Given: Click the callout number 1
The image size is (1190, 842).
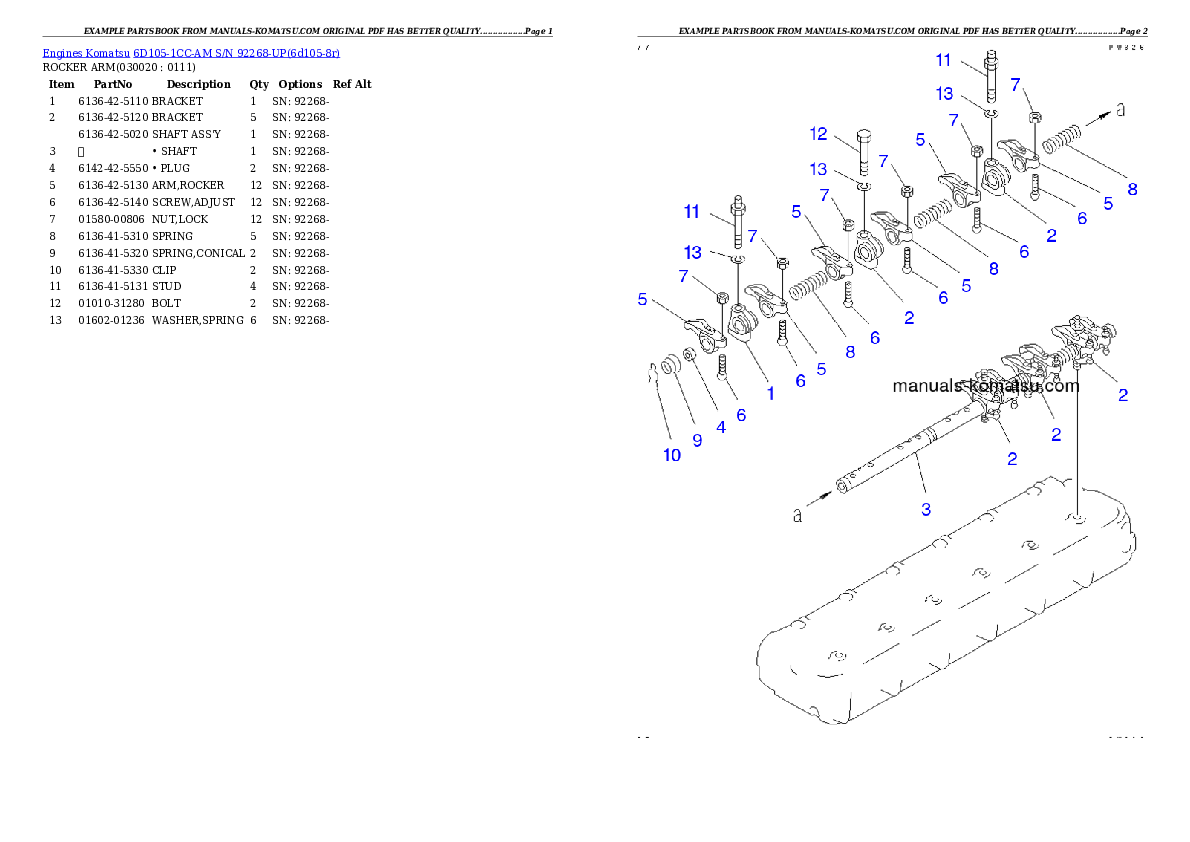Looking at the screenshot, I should click(x=770, y=394).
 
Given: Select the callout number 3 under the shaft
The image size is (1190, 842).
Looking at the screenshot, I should click(x=926, y=509).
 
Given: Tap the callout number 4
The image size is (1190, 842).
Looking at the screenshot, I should click(x=719, y=426).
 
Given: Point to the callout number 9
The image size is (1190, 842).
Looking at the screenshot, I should click(x=697, y=439).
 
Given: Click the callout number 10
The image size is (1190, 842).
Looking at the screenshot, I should click(x=672, y=455).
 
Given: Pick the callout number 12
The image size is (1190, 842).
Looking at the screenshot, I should click(x=819, y=133).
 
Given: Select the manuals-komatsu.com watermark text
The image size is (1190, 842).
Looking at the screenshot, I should click(x=985, y=386).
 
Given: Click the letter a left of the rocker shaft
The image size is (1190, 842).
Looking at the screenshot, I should click(x=797, y=515).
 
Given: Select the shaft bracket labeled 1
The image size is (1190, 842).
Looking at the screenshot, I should click(x=744, y=326).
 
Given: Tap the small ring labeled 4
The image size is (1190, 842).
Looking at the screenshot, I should click(x=690, y=357).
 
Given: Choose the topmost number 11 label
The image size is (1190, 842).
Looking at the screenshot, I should click(x=943, y=60).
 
